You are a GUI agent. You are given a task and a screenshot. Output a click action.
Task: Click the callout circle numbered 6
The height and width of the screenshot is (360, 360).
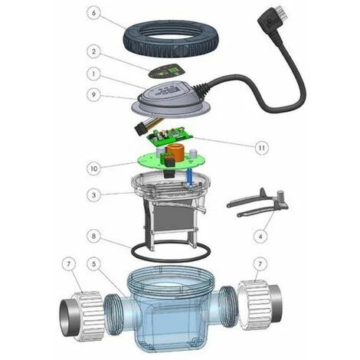(x=93, y=13)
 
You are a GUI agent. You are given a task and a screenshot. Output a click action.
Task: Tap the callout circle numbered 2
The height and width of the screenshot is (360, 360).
(x=93, y=51)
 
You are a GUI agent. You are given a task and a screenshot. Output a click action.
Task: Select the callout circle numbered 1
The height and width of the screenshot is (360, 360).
(x=93, y=74)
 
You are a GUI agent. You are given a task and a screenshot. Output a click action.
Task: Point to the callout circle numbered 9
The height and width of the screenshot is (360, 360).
(x=93, y=95)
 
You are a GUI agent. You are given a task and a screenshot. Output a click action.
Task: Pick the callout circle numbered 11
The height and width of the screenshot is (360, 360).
(x=262, y=148)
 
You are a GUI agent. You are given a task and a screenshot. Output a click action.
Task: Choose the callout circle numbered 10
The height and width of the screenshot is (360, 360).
(x=93, y=169)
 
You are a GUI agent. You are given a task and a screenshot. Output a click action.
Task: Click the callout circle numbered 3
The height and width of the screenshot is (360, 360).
(x=93, y=195)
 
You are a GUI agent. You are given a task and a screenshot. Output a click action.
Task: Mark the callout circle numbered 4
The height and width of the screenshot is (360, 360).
(x=260, y=237)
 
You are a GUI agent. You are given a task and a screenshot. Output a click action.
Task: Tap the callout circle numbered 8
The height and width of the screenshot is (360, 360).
(x=93, y=236)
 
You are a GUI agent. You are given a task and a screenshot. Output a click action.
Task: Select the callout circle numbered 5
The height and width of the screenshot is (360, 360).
(x=93, y=263)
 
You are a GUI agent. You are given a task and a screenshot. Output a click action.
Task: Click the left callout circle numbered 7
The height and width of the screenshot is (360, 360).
(x=69, y=263)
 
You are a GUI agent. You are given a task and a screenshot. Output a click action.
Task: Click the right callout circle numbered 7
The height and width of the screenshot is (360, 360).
(x=260, y=263)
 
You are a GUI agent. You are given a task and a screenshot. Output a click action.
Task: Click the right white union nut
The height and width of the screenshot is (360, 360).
(x=254, y=305)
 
